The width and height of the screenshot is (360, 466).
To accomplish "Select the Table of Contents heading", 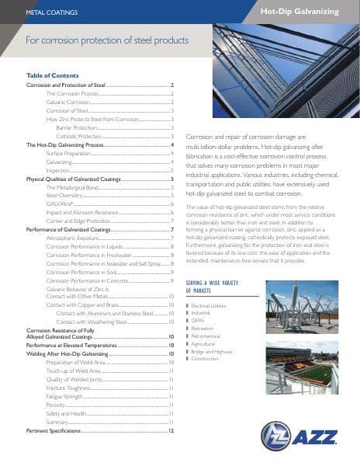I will [52, 75].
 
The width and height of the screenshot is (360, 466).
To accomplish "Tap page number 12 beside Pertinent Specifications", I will [171, 429].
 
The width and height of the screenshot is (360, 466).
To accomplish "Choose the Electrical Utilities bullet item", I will [213, 306].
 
